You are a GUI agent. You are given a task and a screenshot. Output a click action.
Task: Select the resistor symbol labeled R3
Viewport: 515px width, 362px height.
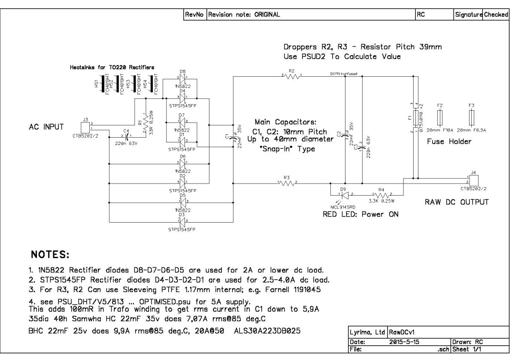[x=288, y=184]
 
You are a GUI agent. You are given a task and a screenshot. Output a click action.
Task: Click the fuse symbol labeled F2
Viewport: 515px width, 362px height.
[x=440, y=117]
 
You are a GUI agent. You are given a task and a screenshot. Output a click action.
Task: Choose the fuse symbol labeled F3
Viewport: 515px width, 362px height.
[x=472, y=117]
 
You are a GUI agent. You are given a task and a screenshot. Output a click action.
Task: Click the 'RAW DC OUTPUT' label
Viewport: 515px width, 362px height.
[x=457, y=202]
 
